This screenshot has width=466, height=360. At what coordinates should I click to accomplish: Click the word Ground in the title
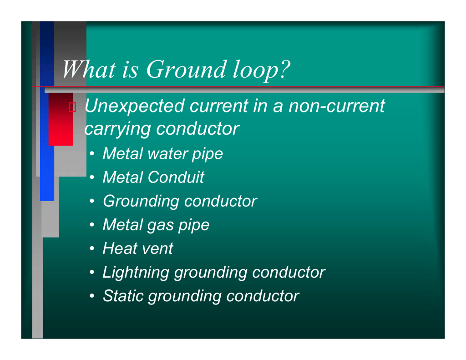tap(186, 70)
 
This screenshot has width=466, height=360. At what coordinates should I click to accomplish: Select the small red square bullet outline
tap(72, 107)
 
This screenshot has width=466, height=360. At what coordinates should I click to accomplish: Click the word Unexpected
tap(135, 106)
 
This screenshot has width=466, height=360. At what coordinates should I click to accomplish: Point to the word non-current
tap(337, 106)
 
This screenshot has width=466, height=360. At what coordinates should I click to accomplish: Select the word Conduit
tap(176, 177)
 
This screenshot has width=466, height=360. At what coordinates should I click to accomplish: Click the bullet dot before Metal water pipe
tap(92, 154)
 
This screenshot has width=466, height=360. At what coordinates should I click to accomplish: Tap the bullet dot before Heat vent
tap(92, 248)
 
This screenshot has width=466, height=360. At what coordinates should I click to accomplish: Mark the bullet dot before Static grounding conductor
tap(92, 296)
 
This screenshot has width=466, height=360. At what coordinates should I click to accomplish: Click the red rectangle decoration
tap(61, 119)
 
